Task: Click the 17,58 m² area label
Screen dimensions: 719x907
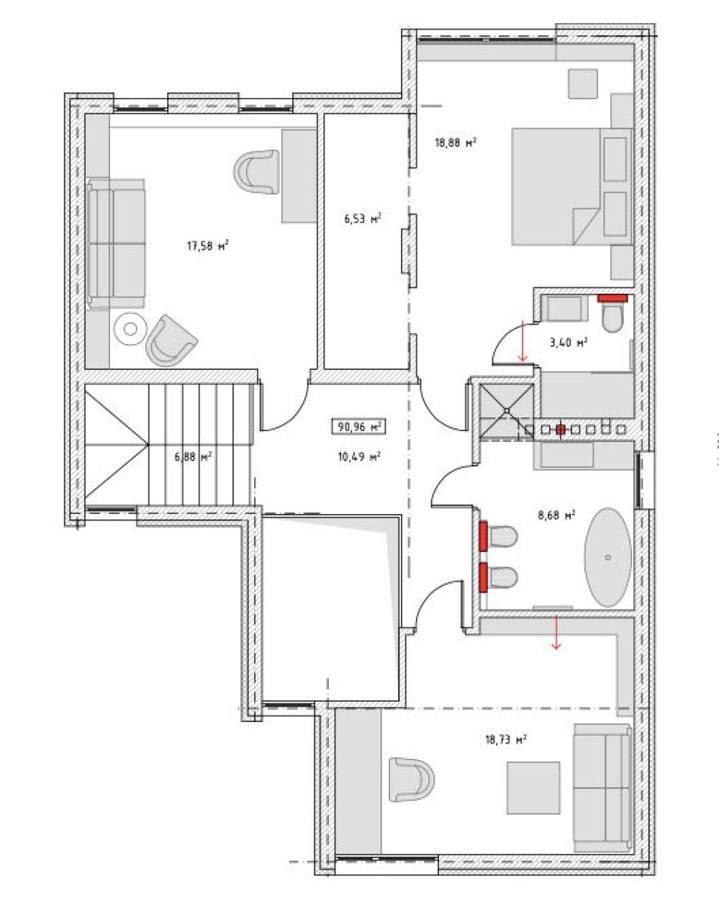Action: click(208, 245)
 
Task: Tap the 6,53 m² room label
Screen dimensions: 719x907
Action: click(363, 218)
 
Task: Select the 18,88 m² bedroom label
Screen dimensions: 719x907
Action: click(456, 142)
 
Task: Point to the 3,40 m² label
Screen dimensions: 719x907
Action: click(568, 342)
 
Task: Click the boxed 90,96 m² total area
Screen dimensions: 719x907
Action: click(358, 427)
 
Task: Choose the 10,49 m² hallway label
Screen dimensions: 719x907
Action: click(360, 456)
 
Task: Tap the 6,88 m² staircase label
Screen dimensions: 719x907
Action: click(193, 456)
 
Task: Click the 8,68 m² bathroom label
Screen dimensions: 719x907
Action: click(557, 515)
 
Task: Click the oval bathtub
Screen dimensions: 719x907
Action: click(607, 557)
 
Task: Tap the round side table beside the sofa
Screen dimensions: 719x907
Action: click(130, 328)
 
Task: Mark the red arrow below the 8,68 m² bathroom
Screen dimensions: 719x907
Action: click(556, 632)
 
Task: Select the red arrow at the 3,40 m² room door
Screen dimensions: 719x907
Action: click(523, 341)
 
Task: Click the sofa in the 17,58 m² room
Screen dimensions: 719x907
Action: click(117, 243)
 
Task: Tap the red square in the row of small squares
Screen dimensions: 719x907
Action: click(560, 430)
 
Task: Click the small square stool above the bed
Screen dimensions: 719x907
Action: click(583, 84)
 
